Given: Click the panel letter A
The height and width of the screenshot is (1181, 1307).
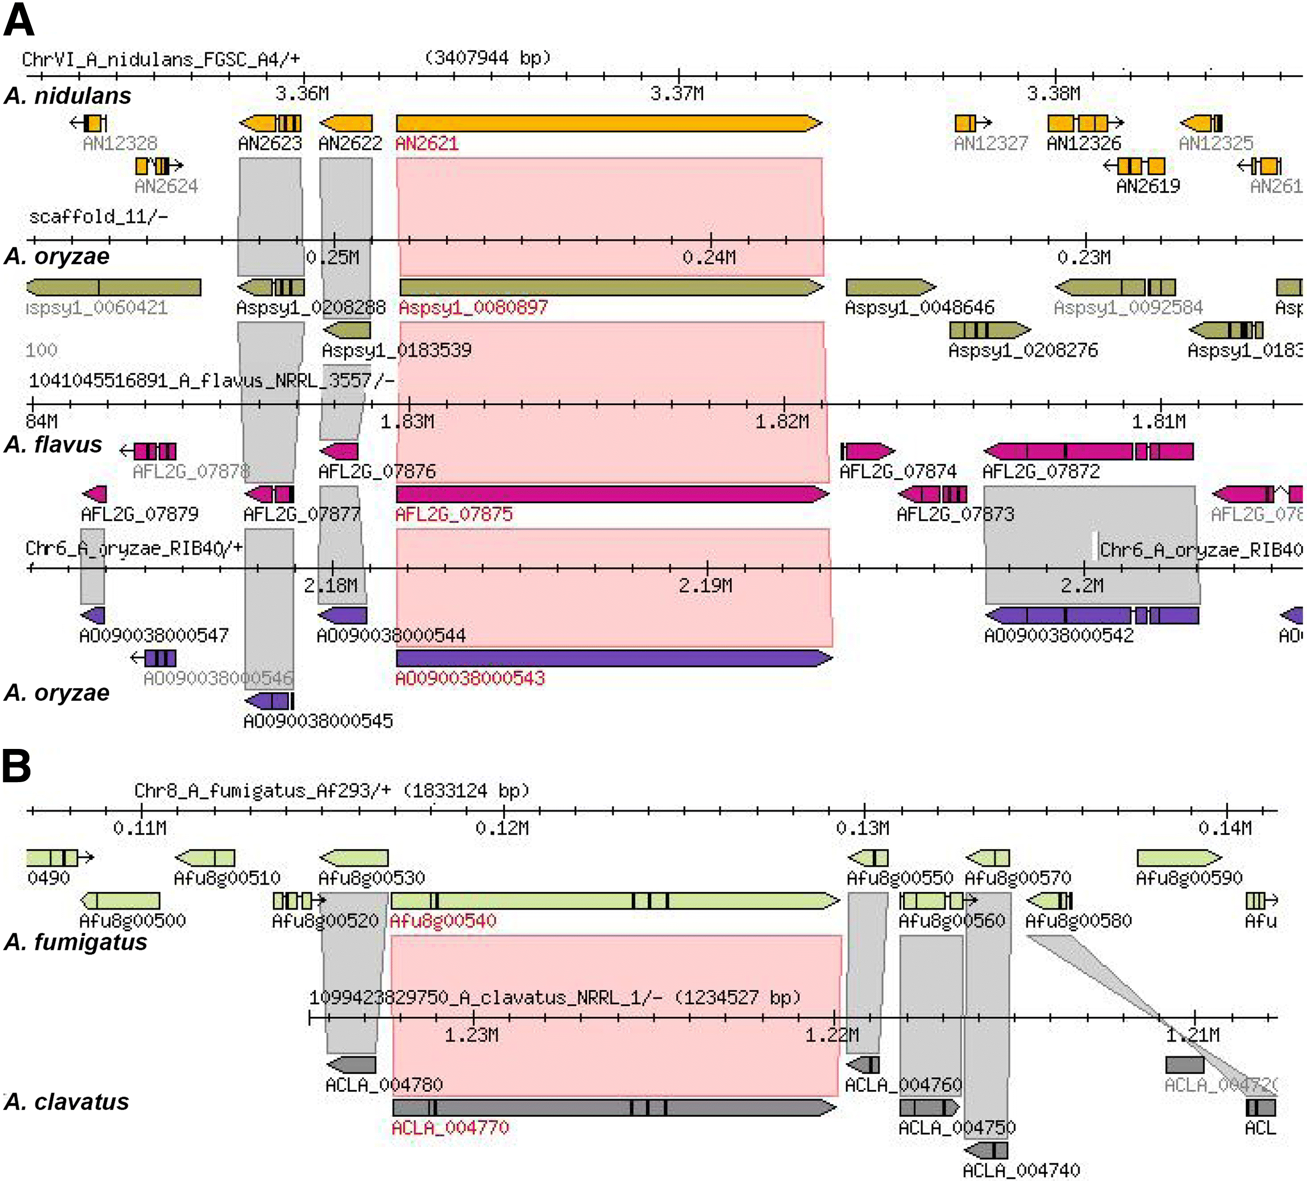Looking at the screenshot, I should tap(19, 21).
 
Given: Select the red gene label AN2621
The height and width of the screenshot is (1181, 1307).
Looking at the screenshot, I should tap(426, 143).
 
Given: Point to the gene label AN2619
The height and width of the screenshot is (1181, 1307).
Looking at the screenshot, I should tap(1147, 187).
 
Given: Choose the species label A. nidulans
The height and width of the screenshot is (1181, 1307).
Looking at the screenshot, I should tap(67, 96).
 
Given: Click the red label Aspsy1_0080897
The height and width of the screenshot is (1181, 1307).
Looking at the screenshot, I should tap(473, 308).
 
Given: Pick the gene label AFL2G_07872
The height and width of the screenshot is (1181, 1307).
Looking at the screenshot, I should tap(1041, 472).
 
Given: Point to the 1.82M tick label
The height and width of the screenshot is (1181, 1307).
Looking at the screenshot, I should tap(782, 422).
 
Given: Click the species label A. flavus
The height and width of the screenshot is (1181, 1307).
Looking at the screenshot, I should tap(53, 445).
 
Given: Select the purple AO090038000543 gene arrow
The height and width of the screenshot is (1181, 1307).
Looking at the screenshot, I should tap(613, 658).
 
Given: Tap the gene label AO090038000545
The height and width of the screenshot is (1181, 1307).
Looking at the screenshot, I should tap(318, 721).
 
